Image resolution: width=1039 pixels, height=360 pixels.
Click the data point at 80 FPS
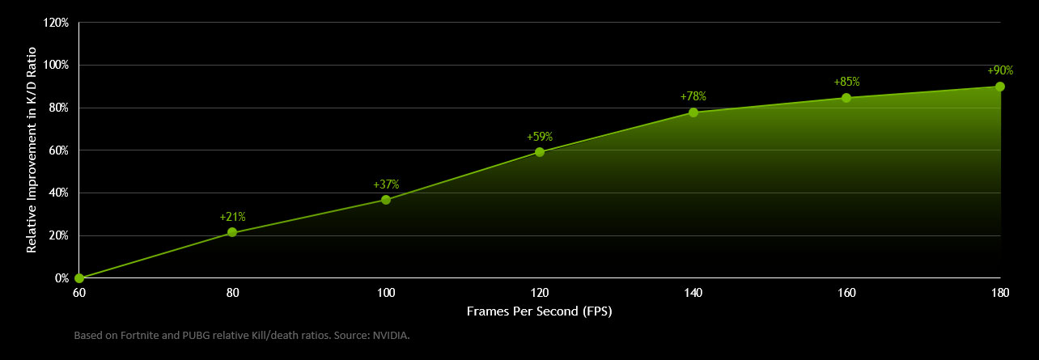(232, 232)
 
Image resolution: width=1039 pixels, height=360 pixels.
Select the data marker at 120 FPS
(540, 152)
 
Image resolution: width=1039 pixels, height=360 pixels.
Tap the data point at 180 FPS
(1000, 87)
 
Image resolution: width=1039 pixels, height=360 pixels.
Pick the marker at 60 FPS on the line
(79, 278)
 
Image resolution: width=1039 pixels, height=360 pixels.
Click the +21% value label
(232, 217)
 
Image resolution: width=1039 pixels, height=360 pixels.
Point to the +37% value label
(386, 184)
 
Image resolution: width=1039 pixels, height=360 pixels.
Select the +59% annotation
(540, 137)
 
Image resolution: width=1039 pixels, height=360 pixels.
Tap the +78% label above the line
(693, 96)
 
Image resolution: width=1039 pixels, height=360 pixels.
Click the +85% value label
(846, 82)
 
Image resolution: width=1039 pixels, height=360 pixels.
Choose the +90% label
(1000, 70)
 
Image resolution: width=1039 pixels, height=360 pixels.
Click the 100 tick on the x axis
(386, 293)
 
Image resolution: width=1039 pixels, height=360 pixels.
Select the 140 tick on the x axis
(693, 293)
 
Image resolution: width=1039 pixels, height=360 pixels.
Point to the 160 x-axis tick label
(846, 293)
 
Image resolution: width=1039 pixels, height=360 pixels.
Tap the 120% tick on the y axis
(56, 23)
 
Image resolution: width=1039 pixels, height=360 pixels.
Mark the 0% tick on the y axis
(61, 278)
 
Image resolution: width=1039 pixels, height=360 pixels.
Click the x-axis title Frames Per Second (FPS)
(540, 311)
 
